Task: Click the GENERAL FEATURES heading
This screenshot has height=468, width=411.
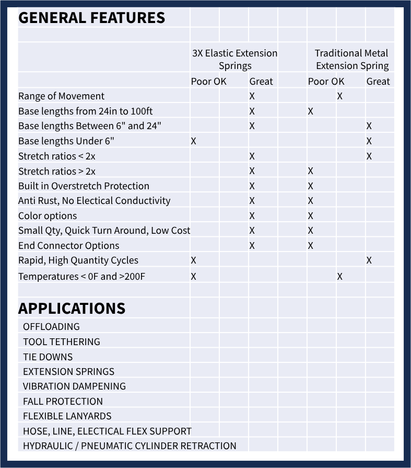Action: [91, 18]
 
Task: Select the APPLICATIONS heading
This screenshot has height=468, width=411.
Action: [72, 309]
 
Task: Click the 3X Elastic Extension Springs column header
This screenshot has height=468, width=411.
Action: [235, 59]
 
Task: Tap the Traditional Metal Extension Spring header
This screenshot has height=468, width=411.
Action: [352, 59]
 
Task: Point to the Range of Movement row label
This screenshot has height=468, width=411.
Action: [61, 96]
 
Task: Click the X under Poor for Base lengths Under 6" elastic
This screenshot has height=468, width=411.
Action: [194, 141]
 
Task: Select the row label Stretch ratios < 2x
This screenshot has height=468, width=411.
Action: [57, 156]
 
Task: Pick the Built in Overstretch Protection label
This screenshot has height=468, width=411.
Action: [84, 186]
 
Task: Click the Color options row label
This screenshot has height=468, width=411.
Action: [48, 216]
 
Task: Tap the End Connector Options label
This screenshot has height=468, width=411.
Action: [68, 246]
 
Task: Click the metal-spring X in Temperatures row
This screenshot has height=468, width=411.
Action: [339, 277]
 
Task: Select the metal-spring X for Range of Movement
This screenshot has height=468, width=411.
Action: [340, 96]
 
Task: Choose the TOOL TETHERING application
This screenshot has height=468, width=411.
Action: [61, 342]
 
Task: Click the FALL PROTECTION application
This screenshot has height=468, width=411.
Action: [63, 402]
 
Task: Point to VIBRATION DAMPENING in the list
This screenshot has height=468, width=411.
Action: [74, 386]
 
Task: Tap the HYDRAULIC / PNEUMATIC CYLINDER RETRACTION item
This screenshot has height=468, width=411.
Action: [130, 446]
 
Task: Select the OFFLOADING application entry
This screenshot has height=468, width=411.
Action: [51, 327]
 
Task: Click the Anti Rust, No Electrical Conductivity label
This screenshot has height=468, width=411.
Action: [94, 201]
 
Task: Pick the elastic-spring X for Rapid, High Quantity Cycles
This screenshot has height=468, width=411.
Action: [194, 260]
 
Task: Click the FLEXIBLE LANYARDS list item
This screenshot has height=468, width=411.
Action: [67, 416]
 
